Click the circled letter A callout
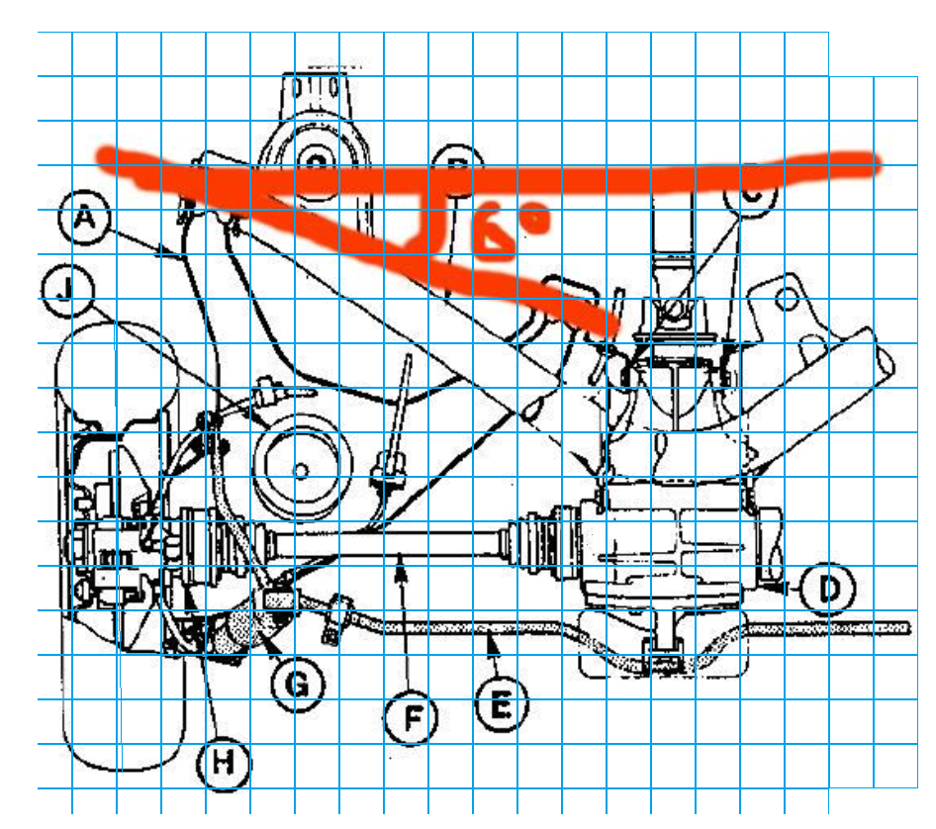coord(84,218)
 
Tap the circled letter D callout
coord(827,590)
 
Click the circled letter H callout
coord(223,763)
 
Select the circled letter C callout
coord(750,195)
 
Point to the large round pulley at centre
coord(303,466)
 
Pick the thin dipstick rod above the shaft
coord(400,406)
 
